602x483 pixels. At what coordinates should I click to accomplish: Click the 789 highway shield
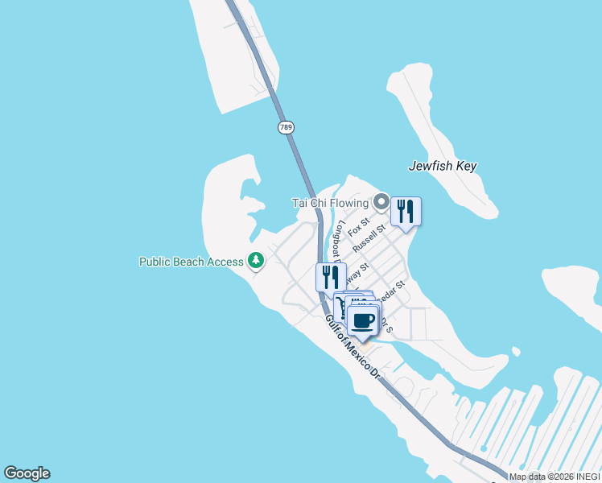pyautogui.click(x=287, y=127)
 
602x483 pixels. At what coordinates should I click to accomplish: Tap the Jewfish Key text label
pyautogui.click(x=443, y=166)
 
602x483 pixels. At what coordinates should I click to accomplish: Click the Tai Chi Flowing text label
pyautogui.click(x=329, y=203)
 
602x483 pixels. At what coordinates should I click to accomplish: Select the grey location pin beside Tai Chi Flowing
pyautogui.click(x=381, y=201)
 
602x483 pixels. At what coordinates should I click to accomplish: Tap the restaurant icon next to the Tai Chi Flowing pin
pyautogui.click(x=406, y=212)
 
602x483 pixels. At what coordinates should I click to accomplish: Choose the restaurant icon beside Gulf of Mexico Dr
pyautogui.click(x=331, y=277)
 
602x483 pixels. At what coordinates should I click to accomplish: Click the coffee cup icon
pyautogui.click(x=363, y=320)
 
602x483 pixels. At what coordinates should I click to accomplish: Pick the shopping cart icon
pyautogui.click(x=340, y=305)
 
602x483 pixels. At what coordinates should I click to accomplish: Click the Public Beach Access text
pyautogui.click(x=191, y=262)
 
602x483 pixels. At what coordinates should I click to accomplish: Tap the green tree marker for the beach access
pyautogui.click(x=256, y=260)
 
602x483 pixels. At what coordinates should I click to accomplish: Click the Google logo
pyautogui.click(x=27, y=473)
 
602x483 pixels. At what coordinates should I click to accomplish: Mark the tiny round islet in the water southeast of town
pyautogui.click(x=515, y=351)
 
